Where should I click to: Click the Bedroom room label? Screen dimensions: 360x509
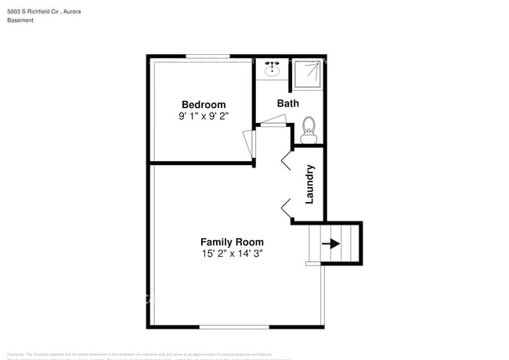click(x=204, y=105)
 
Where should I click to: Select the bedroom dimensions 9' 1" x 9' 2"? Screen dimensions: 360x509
click(x=204, y=117)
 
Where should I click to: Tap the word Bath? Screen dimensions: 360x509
click(x=287, y=103)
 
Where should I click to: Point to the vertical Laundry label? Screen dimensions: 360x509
click(x=309, y=184)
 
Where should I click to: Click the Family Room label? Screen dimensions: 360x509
click(x=232, y=242)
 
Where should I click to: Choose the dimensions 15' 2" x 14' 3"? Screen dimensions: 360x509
click(x=232, y=254)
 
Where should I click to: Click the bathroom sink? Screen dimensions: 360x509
click(x=273, y=70)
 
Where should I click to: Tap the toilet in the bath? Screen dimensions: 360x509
click(x=308, y=130)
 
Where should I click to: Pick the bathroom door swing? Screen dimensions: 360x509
click(x=275, y=121)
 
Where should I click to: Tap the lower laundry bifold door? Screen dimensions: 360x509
click(x=286, y=207)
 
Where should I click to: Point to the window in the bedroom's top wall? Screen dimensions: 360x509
click(x=208, y=56)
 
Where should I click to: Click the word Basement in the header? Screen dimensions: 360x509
click(x=20, y=20)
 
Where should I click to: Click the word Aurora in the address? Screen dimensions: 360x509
click(x=91, y=12)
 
